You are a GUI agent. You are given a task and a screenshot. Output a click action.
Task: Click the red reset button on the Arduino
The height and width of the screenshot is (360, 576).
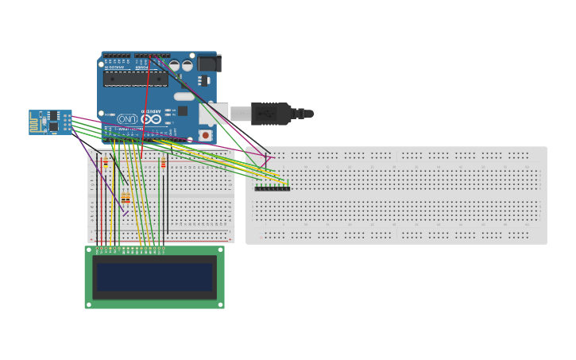coord(206,135)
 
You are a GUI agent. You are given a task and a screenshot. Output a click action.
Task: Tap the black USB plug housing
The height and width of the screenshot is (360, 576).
coord(270,114)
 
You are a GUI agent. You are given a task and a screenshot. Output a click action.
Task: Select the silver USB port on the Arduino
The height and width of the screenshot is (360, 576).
coord(214,114)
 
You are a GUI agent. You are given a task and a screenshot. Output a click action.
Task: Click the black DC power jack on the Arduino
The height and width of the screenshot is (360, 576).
coord(208,63)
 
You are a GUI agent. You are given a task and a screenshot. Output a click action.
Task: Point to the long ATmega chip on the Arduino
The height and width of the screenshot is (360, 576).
coord(135,79)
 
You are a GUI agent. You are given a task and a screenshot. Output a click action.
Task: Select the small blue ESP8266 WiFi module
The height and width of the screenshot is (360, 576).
coord(50,122)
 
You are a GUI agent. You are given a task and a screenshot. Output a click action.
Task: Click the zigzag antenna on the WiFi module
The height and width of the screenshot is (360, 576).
coord(35,122)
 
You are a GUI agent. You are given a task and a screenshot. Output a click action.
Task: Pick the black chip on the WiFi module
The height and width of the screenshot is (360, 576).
coord(53,126)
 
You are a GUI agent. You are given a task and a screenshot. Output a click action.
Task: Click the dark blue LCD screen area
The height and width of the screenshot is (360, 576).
coord(154,277)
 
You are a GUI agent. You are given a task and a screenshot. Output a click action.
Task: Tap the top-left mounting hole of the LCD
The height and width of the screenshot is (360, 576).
coord(88,250)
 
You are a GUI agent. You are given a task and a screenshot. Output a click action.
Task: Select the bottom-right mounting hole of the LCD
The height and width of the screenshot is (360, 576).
coord(221,304)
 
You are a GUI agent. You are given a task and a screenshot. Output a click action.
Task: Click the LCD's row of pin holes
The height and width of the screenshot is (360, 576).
coord(130,249)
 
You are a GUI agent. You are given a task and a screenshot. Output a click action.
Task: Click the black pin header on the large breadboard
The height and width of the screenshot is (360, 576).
coord(272,188)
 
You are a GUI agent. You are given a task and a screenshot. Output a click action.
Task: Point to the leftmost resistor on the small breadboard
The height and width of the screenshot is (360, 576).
coord(106,162)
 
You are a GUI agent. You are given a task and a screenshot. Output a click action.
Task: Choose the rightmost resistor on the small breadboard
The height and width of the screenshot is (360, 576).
coord(164,164)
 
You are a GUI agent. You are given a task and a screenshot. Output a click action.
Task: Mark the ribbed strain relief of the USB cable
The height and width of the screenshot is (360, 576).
coord(299,114)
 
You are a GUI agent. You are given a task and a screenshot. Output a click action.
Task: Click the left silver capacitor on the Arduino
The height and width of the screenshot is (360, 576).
coord(174,66)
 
